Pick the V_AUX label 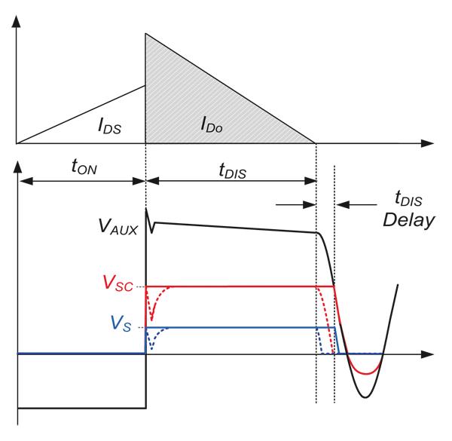click(118, 227)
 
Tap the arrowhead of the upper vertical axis click(17, 11)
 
